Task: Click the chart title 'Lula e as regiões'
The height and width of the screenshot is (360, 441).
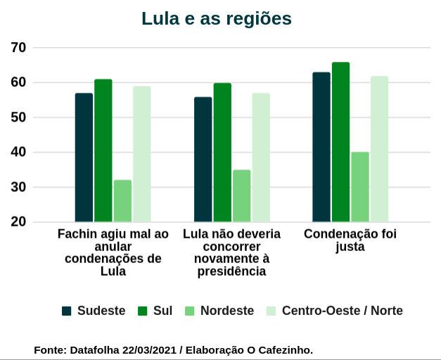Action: [x=216, y=19]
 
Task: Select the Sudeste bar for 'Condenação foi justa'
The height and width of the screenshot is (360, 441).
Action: [x=321, y=148]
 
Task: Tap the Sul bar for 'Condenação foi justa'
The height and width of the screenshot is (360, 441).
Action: [x=341, y=143]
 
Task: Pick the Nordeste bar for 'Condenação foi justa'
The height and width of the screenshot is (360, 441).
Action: [x=360, y=187]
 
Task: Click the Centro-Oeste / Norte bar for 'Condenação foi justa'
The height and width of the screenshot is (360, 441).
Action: [x=380, y=150]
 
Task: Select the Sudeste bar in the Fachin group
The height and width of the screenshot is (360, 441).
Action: [x=84, y=158]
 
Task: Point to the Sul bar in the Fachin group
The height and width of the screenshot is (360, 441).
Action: [x=103, y=151]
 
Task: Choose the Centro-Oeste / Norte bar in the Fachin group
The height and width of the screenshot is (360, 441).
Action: [x=142, y=155]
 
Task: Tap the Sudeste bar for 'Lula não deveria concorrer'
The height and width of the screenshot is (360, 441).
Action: [x=203, y=160]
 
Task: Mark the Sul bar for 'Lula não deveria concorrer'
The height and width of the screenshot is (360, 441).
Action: [x=222, y=153]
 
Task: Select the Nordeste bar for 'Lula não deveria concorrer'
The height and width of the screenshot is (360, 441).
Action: [x=242, y=196]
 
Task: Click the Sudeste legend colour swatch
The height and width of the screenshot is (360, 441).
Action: [x=67, y=311]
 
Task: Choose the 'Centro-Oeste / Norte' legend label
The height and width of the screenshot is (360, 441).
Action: [x=342, y=311]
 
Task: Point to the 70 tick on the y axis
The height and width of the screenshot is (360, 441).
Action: [x=18, y=48]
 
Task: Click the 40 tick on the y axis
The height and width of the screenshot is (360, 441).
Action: [x=18, y=153]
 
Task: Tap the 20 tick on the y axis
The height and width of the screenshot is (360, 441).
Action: [x=18, y=222]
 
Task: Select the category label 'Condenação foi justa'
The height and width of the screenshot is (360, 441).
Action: [x=350, y=240]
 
